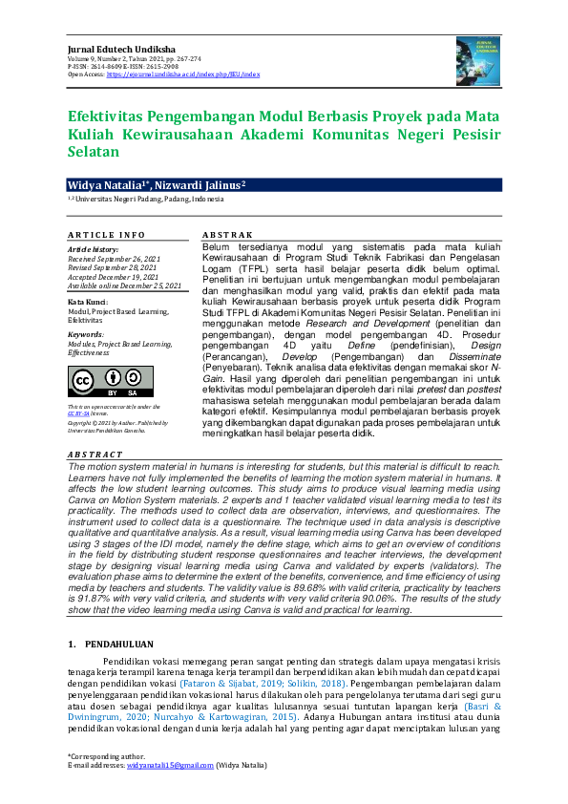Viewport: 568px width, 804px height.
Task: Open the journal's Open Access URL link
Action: point(182,74)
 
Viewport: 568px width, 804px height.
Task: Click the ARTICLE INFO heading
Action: point(106,235)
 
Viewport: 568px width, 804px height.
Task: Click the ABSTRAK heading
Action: point(226,235)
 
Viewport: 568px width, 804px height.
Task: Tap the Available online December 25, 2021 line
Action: point(124,286)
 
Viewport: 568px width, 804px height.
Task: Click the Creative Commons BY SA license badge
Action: point(95,381)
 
